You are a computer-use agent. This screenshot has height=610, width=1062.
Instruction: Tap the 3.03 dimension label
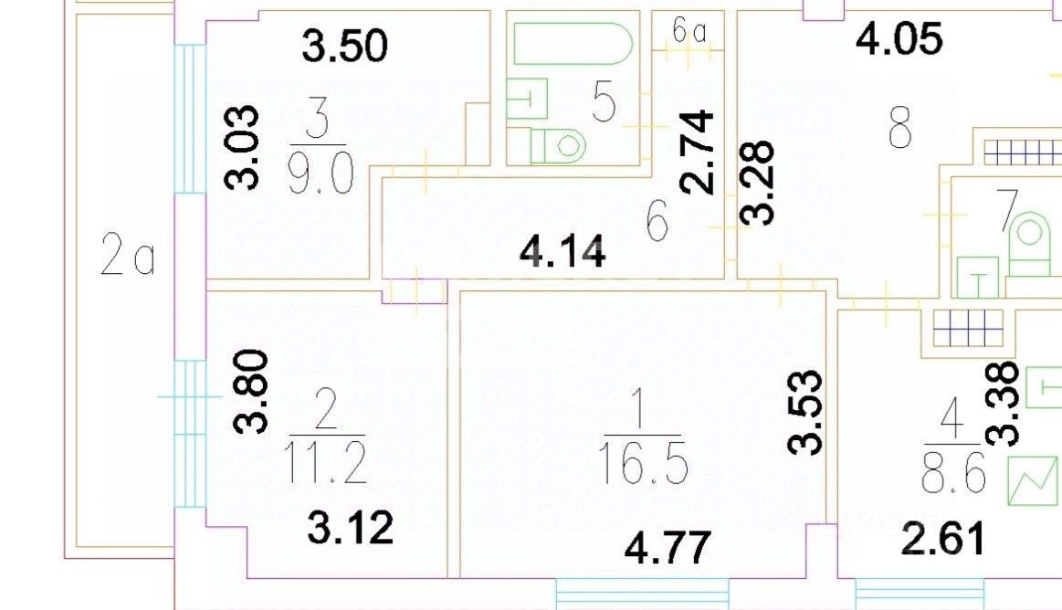244,147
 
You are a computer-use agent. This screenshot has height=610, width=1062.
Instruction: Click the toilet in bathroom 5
558,144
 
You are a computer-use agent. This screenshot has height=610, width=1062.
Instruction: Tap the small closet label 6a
690,31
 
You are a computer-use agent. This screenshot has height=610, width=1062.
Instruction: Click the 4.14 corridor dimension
563,251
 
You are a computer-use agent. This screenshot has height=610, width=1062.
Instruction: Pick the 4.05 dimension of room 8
899,40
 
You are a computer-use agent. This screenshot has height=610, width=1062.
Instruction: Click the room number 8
900,130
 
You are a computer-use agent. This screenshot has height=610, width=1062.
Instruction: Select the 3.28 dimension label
758,183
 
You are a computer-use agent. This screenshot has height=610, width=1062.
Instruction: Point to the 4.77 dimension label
667,549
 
